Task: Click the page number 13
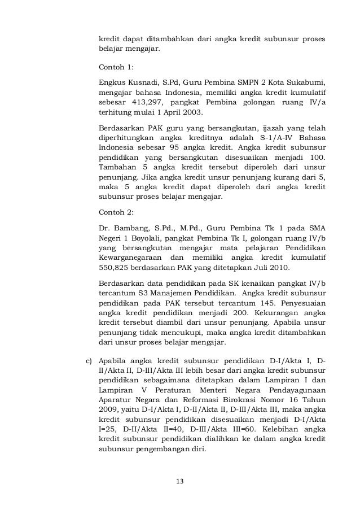pyautogui.click(x=180, y=481)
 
